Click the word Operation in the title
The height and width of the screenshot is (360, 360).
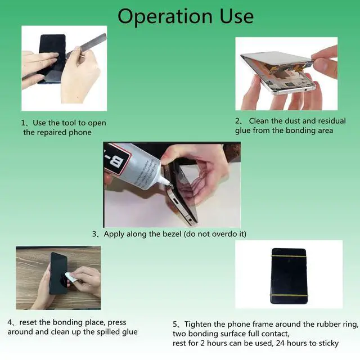tap(164, 17)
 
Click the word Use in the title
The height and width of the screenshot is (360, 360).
tap(237, 16)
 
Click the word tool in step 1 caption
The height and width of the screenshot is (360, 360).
tap(69, 123)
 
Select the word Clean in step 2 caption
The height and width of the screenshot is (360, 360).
tap(259, 121)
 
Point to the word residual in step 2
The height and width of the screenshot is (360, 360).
tap(332, 121)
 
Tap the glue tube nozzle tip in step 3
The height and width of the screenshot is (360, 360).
tap(169, 184)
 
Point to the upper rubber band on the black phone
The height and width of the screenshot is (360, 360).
tap(289, 255)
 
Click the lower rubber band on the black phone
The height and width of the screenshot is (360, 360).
tap(288, 295)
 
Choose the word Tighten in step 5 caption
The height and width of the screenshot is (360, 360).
tap(198, 324)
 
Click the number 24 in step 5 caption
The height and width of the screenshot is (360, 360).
tap(280, 343)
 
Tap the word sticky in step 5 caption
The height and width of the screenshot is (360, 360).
tap(327, 344)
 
